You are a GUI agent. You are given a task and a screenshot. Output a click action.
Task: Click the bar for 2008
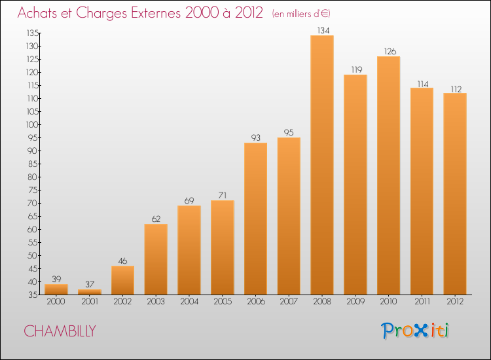[x=322, y=165]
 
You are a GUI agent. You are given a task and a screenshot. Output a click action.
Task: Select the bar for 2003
[x=156, y=259]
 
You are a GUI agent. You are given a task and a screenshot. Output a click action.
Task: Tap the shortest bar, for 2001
[x=90, y=292]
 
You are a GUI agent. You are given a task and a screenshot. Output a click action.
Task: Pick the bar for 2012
[x=455, y=194]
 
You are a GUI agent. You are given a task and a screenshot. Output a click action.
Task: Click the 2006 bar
[x=255, y=219]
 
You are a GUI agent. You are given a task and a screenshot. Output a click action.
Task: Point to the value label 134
[x=323, y=30]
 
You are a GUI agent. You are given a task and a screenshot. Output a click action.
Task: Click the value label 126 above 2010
[x=390, y=51]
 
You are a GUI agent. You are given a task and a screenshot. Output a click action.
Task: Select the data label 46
[x=122, y=261]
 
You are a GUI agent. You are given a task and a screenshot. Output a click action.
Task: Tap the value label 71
[x=223, y=195]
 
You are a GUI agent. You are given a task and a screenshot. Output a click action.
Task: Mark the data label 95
[x=289, y=132]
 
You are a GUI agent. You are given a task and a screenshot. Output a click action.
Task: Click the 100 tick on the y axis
[x=32, y=124]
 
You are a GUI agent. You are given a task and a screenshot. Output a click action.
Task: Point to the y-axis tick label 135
[x=33, y=33]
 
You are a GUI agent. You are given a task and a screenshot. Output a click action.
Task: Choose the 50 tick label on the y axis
[x=33, y=255]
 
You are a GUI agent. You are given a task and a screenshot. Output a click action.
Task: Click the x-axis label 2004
[x=189, y=301]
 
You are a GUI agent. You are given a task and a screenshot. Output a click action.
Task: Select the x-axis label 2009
[x=355, y=301]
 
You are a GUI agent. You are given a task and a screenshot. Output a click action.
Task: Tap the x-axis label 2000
[x=56, y=301]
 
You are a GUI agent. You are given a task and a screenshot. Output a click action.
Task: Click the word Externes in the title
[x=156, y=13]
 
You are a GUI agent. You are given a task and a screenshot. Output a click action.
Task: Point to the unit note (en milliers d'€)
[x=301, y=14]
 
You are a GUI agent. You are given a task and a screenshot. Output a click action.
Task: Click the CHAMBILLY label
[x=60, y=331]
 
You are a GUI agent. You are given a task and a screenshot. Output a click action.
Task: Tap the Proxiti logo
[x=414, y=331]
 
